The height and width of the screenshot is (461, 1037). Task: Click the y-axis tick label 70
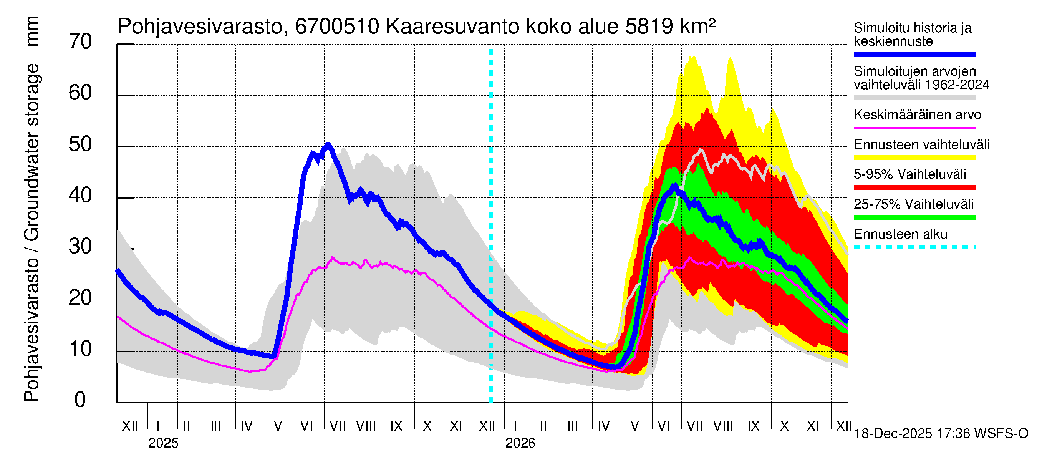[80, 42]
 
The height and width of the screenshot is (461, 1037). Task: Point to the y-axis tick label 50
[80, 144]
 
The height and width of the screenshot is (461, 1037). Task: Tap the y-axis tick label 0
[80, 400]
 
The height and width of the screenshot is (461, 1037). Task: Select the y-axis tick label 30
[80, 247]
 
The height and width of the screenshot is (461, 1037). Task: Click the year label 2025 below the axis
[163, 443]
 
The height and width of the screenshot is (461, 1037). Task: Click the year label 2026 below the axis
[520, 443]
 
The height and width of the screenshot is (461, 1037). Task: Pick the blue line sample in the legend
[914, 54]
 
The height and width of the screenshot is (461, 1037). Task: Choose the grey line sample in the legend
[914, 98]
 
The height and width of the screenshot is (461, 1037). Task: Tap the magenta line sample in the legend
[914, 128]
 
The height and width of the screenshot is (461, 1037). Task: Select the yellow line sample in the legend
[914, 158]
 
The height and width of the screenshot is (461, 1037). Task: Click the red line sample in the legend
[914, 187]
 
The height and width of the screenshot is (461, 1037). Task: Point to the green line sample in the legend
[914, 217]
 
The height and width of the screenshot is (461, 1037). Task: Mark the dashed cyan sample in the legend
[914, 247]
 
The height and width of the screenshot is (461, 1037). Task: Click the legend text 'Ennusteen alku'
[900, 234]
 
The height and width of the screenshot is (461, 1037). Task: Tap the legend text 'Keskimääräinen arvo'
[917, 115]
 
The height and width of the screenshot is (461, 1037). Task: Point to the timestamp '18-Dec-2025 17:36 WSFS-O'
[941, 434]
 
